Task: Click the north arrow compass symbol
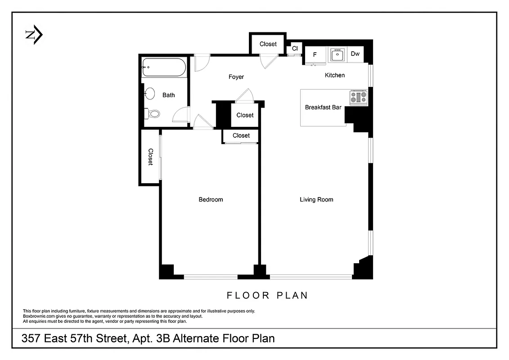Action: pos(34,35)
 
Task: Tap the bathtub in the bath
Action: pos(164,67)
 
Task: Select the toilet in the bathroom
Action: pos(153,113)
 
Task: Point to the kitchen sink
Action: pos(337,55)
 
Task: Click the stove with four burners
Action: pos(359,98)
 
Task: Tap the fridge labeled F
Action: pos(315,54)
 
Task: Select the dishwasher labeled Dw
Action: pos(355,54)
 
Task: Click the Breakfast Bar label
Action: pos(323,107)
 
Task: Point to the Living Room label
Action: pos(316,199)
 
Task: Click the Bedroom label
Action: pos(211,199)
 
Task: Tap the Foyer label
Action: pos(236,77)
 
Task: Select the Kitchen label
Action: pos(335,75)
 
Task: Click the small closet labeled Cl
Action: pos(295,48)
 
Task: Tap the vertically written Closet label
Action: pos(151,157)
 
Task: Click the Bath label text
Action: pos(169,95)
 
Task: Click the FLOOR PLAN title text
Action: pos(267,296)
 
